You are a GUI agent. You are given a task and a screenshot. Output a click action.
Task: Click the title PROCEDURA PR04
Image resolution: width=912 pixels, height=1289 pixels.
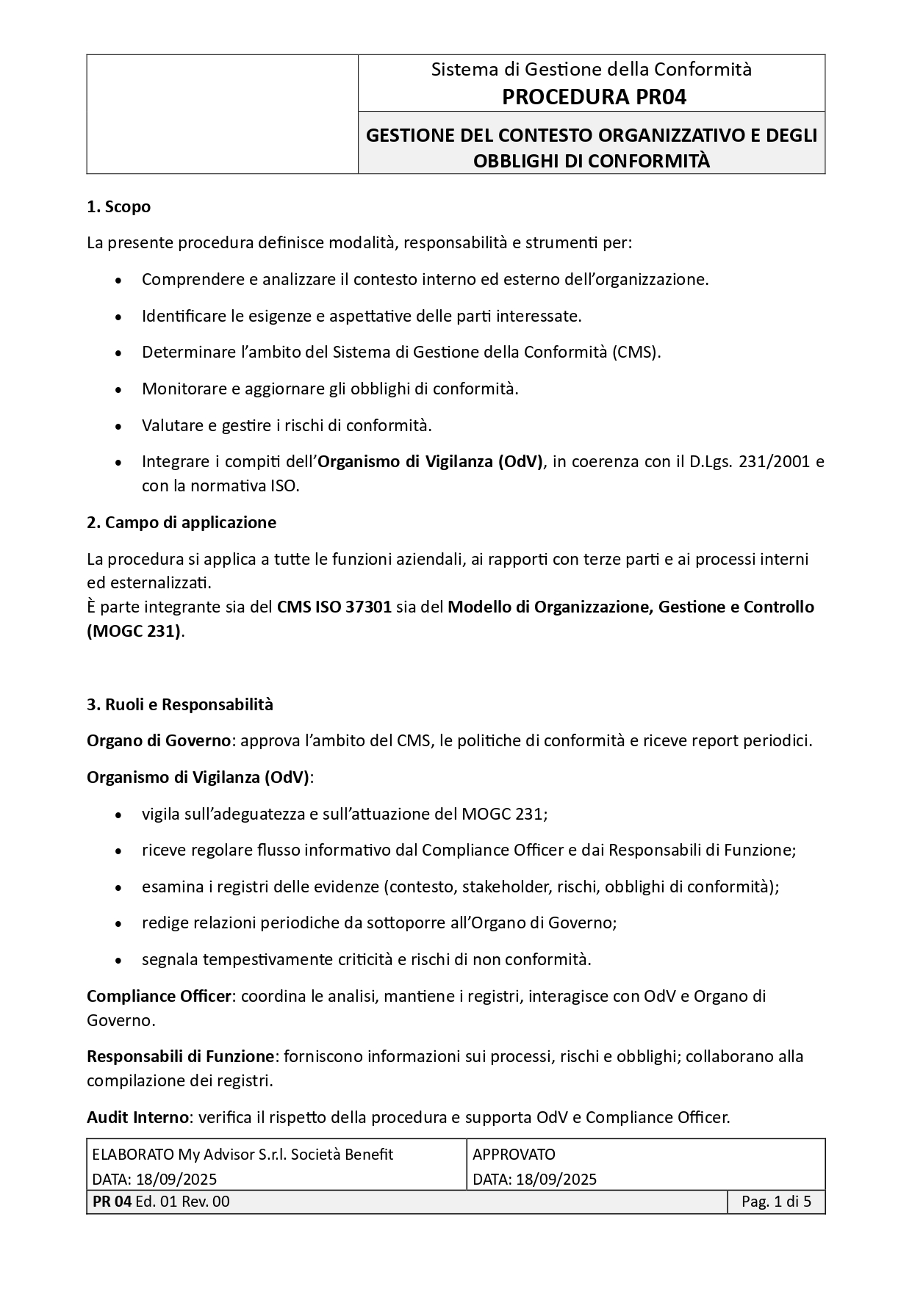594,97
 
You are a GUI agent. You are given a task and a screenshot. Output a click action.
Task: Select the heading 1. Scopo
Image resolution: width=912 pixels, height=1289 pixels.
118,207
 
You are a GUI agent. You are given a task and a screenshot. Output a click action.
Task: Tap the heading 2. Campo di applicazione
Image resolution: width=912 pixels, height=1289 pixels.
182,522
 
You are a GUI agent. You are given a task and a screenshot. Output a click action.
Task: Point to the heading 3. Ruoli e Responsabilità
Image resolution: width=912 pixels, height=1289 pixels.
180,704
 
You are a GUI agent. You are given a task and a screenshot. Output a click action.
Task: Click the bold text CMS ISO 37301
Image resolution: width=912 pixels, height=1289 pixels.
334,607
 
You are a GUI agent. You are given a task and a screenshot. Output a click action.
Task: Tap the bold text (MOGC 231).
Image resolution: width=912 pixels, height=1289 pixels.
133,631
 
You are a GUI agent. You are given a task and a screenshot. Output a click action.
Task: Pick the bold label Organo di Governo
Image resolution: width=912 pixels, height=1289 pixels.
159,740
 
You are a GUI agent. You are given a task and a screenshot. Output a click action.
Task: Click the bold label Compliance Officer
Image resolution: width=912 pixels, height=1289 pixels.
159,996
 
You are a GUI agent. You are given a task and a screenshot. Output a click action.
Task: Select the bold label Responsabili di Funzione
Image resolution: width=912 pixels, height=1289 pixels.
180,1056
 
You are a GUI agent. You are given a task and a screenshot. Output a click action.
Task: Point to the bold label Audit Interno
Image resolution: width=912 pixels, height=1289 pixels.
137,1117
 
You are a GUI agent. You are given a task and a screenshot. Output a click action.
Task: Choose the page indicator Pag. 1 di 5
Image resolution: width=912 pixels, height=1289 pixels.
776,1202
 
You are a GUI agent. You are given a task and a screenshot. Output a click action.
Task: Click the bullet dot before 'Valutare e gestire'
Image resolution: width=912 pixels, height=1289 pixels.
119,427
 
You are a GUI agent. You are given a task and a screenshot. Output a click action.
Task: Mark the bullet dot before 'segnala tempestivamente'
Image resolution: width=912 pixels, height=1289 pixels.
119,961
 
